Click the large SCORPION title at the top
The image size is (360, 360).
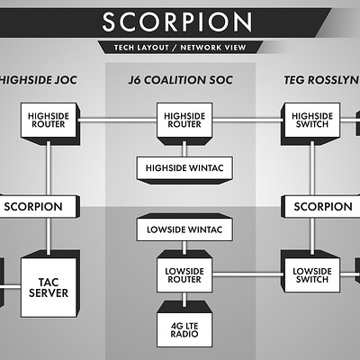tap(180, 22)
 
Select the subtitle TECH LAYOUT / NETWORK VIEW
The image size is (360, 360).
tap(180, 47)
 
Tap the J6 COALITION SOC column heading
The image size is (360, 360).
tap(180, 80)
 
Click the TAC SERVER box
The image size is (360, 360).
tap(48, 287)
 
